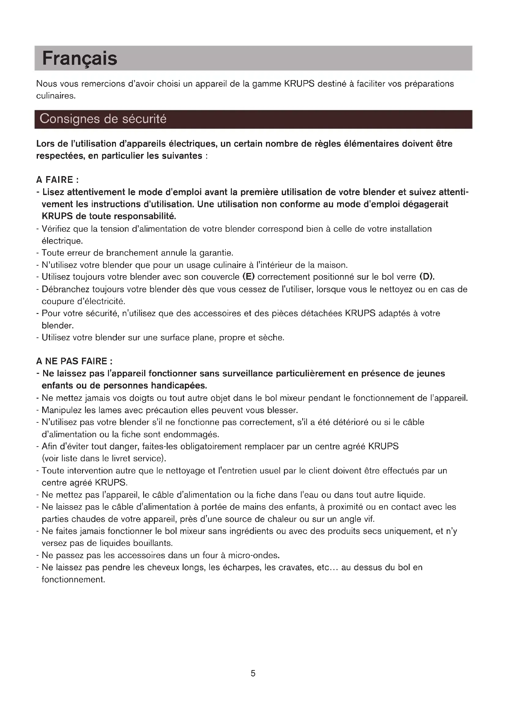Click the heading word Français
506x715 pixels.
80,59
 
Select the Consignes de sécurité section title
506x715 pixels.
103,119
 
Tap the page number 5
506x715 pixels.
253,674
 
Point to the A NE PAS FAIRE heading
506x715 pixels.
74,361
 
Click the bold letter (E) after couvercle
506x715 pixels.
248,277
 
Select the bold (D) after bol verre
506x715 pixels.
426,277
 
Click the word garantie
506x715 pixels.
216,253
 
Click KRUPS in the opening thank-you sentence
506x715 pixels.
299,84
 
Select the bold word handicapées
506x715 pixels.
179,386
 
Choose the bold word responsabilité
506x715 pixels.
145,216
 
